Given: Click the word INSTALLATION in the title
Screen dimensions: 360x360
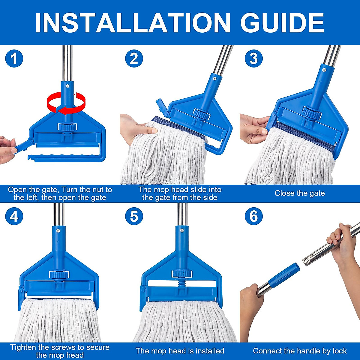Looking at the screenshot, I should [x=132, y=23].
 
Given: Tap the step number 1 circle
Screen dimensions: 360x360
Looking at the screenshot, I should [x=14, y=58].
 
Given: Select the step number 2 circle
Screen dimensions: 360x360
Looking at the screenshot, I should [x=134, y=58].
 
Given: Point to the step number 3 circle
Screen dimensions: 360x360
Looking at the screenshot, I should [x=254, y=58].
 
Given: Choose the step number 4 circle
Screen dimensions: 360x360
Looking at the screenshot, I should [x=14, y=216].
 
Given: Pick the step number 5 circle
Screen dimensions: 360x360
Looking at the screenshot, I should [x=134, y=216].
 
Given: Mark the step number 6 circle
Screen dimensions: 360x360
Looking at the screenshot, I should [x=254, y=216].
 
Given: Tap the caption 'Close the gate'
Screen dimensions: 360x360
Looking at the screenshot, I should [x=300, y=193].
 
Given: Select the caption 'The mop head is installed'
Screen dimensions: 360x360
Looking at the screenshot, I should [x=180, y=351].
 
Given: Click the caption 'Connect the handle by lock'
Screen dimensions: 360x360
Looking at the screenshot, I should [x=300, y=351].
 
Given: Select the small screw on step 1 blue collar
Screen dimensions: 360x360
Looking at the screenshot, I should [x=68, y=86].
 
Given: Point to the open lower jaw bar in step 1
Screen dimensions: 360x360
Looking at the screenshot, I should [x=63, y=157].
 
